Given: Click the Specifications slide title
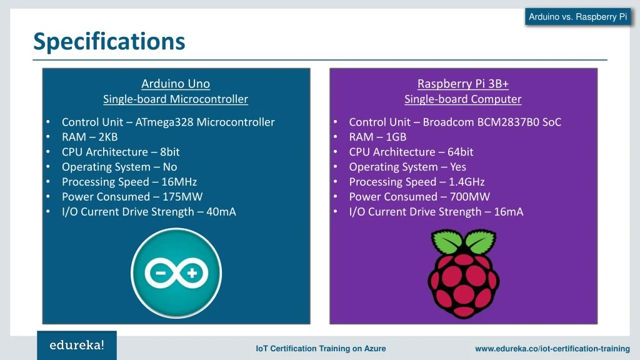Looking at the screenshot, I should [x=109, y=41].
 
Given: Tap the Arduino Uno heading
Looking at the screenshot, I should [x=176, y=84].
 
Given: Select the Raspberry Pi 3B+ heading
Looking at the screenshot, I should [x=462, y=84].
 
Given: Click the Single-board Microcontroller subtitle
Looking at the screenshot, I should [x=176, y=99].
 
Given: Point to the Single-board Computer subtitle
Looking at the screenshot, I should [x=462, y=99].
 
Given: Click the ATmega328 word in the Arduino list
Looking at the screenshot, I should [x=164, y=122].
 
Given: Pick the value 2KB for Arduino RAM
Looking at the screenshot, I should [x=107, y=137].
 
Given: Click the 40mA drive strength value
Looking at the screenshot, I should [x=221, y=212].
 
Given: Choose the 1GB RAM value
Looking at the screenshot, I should [x=396, y=137].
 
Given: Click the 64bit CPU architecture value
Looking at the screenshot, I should [x=461, y=152].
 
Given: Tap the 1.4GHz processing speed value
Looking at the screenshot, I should [x=466, y=182].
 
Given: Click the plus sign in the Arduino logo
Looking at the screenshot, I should [x=193, y=272].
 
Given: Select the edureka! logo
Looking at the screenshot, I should [x=77, y=344].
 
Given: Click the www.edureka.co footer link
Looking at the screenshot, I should [x=552, y=349].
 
